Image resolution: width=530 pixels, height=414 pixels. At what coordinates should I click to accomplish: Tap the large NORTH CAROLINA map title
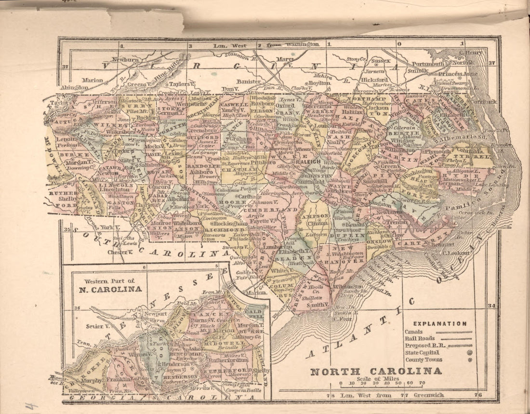pos(375,371)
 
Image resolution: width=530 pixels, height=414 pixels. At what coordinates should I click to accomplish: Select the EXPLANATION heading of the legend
pos(439,324)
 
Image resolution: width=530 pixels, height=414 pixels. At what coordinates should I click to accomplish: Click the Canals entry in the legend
pos(414,332)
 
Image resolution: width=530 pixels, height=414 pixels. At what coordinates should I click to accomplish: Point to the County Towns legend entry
pos(424,360)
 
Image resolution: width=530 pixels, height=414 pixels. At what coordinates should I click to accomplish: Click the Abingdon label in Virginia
pos(74,88)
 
